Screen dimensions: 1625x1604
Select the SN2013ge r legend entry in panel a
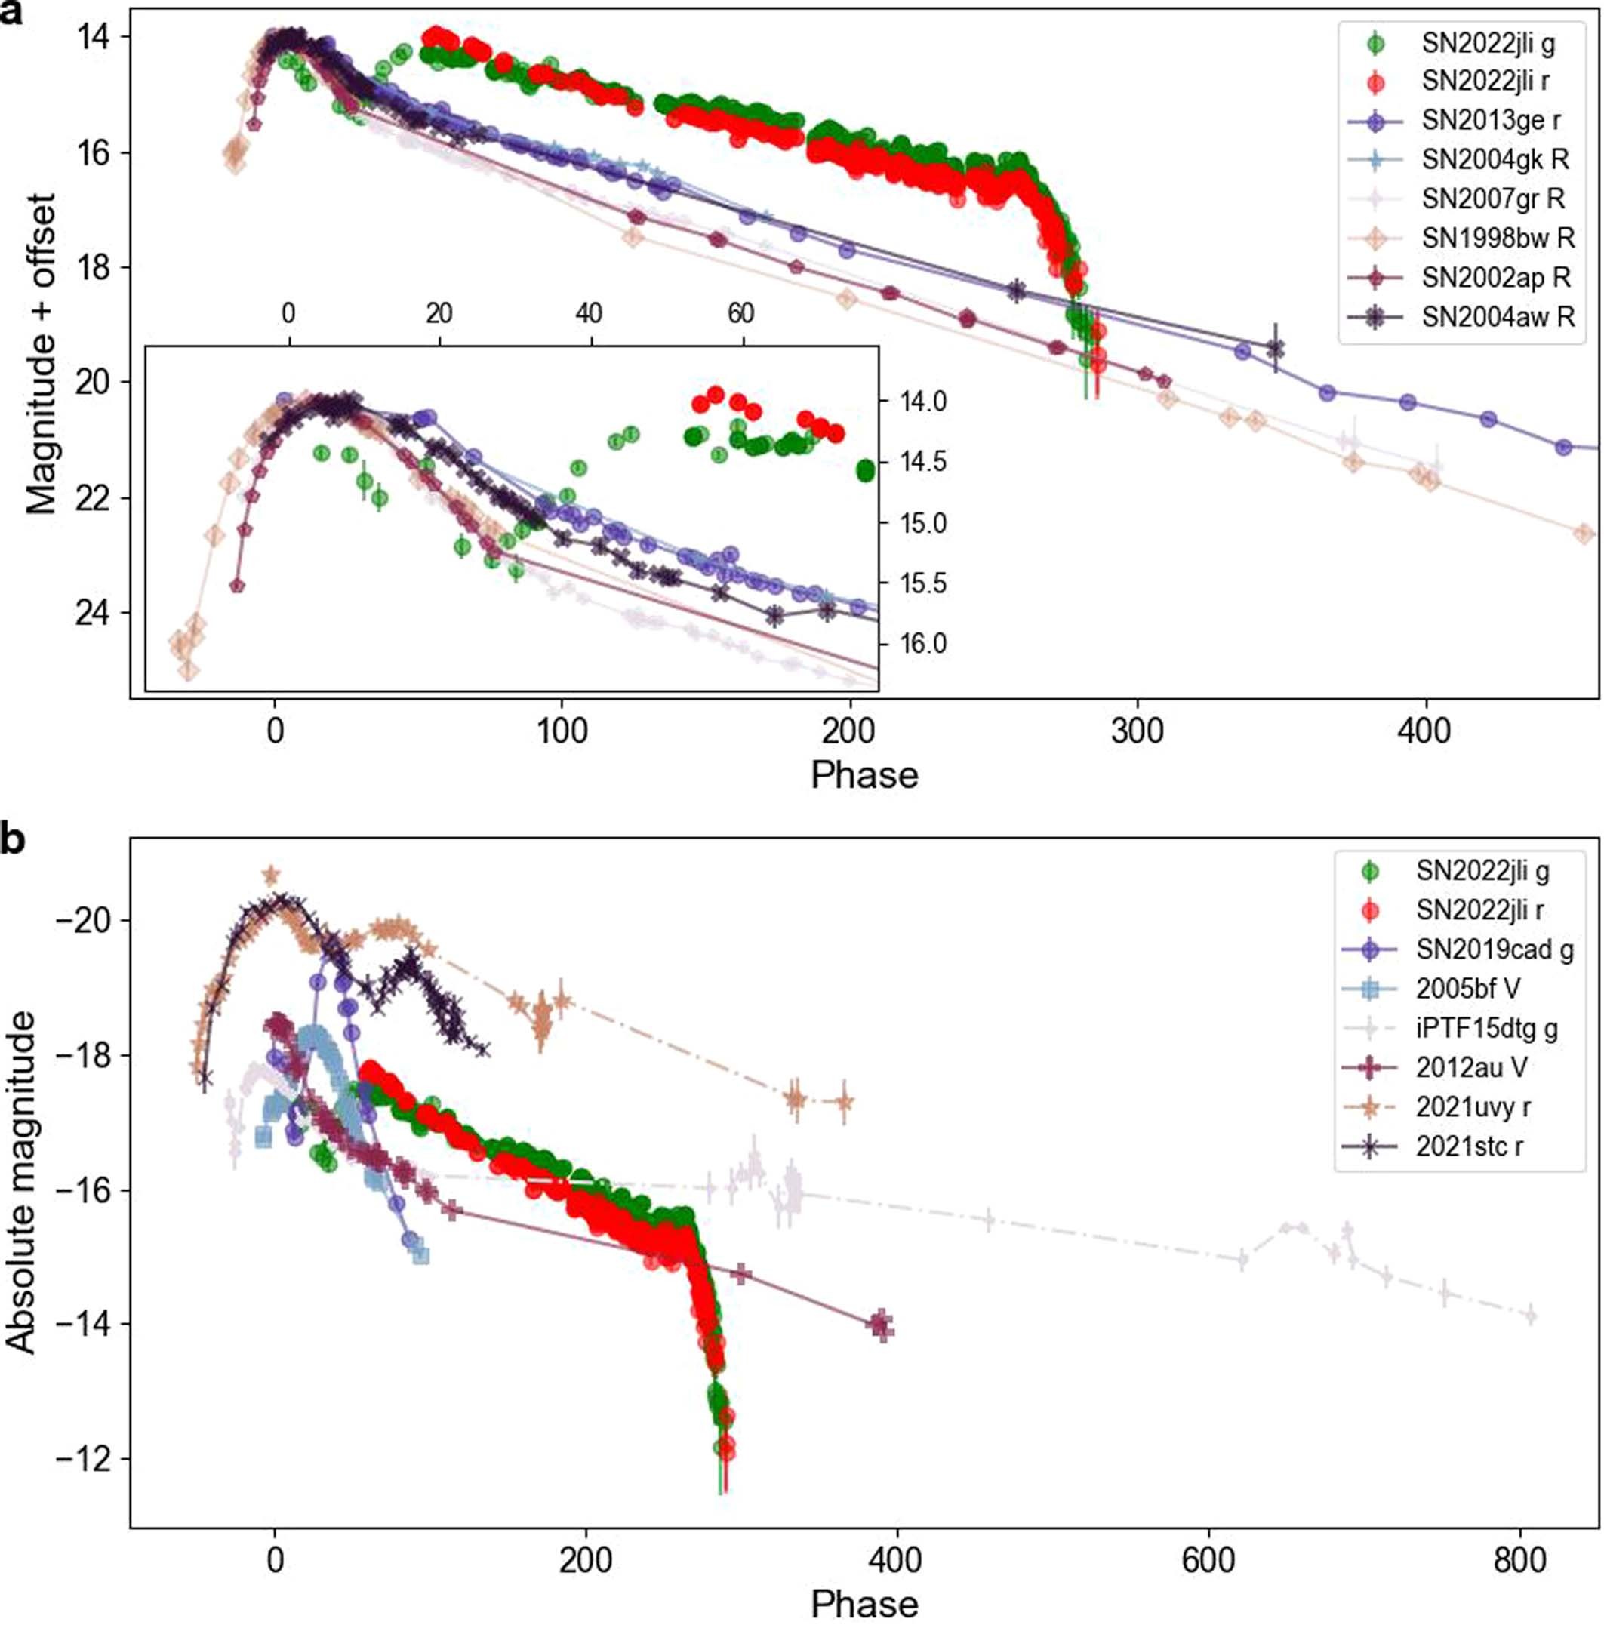click(1489, 120)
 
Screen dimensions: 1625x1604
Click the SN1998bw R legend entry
click(1497, 238)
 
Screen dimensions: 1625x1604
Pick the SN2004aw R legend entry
click(1497, 316)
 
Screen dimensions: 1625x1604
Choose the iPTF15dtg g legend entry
click(1486, 1029)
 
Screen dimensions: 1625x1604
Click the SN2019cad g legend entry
click(1494, 949)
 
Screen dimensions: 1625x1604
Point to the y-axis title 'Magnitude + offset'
click(40, 353)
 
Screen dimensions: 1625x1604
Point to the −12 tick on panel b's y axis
click(89, 1459)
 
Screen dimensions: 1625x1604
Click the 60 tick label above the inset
click(740, 314)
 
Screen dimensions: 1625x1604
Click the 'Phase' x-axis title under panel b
click(864, 1603)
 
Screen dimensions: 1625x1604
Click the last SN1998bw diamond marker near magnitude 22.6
click(1584, 534)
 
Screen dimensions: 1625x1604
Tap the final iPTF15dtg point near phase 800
click(1530, 1316)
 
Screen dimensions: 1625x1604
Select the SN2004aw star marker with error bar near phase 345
click(1276, 346)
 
